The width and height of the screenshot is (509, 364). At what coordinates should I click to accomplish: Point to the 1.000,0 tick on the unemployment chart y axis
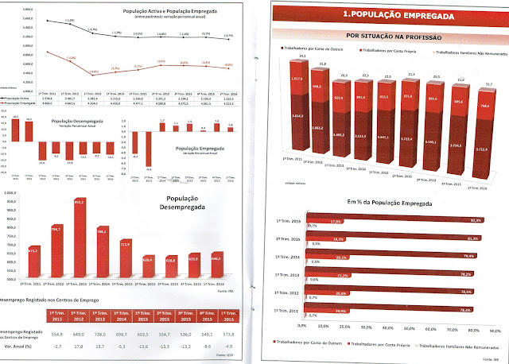point(11,192)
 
